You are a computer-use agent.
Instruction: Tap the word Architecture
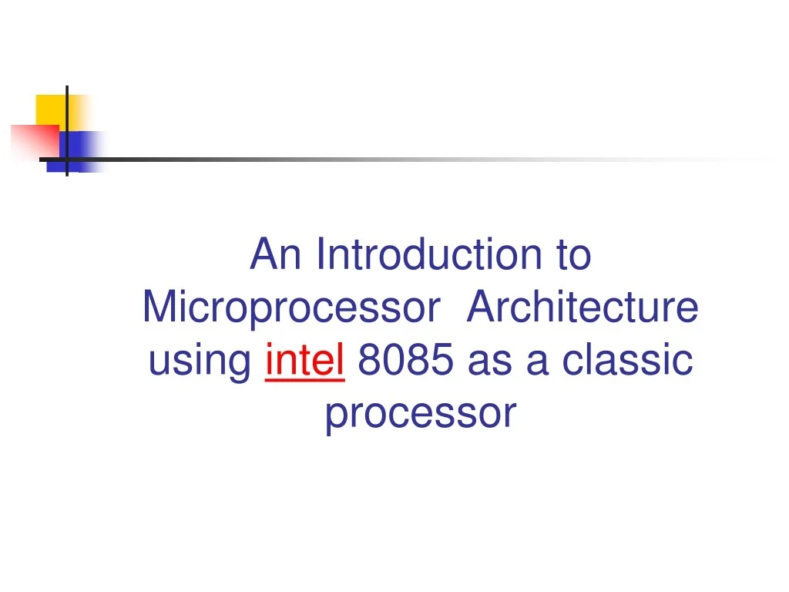point(583,308)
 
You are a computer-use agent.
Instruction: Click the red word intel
point(304,361)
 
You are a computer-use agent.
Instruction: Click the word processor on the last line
point(420,414)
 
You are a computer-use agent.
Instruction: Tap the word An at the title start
point(275,255)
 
